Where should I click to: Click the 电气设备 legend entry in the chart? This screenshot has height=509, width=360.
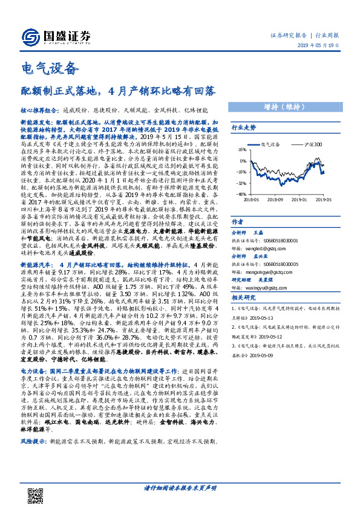[272, 146]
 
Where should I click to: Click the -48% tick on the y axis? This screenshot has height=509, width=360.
[241, 195]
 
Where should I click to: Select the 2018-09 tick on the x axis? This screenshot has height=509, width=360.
[275, 199]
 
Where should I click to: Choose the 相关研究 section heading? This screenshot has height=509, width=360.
[243, 297]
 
